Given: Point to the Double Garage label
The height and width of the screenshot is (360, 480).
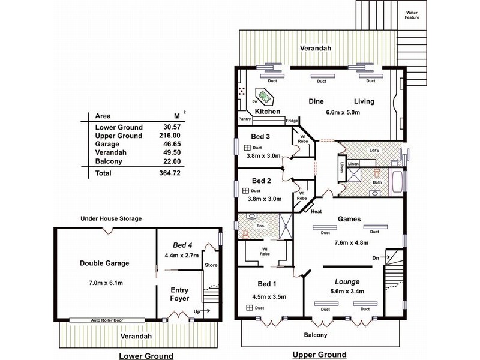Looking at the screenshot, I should [105, 263].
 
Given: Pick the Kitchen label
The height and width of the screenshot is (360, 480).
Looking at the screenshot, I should [268, 112].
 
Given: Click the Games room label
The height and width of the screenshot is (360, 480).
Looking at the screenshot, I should [349, 220].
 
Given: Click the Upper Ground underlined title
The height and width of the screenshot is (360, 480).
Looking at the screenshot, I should [319, 355].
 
